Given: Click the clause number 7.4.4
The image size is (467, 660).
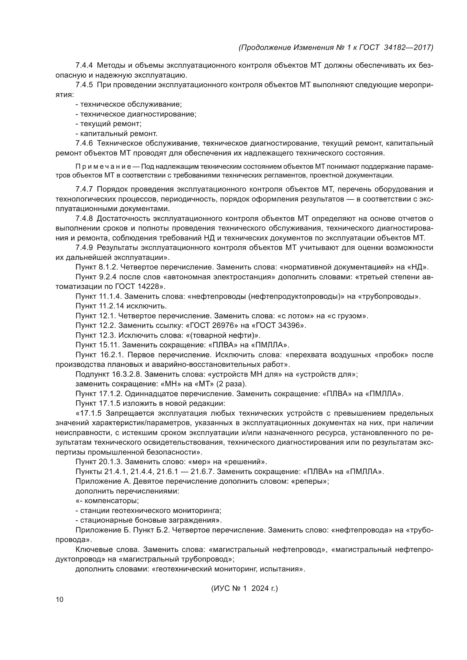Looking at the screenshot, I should (x=84, y=65).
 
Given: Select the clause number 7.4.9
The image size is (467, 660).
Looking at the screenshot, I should (x=84, y=248).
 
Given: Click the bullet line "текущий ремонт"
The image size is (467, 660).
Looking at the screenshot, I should (x=109, y=124).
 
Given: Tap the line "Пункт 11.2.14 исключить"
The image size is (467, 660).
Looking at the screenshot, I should (x=121, y=306).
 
